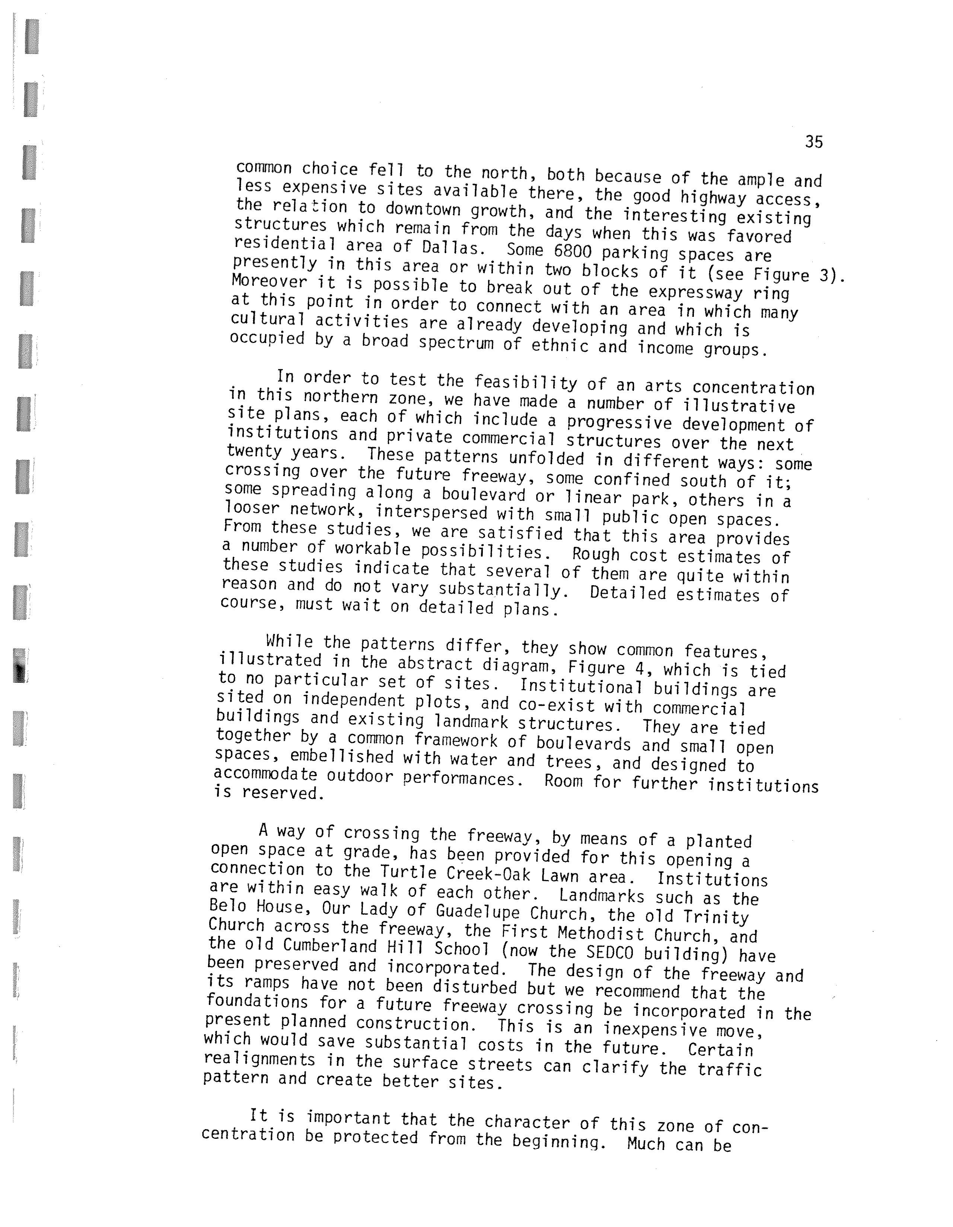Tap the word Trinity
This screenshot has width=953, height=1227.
pos(716,917)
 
